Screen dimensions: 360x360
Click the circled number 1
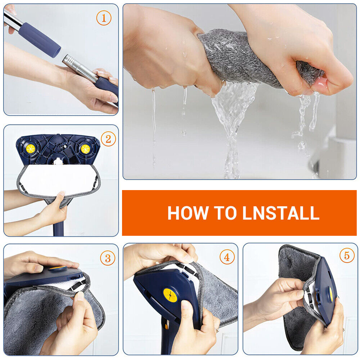click(104, 18)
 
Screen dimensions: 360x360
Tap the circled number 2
click(108, 139)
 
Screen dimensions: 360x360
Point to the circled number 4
click(227, 257)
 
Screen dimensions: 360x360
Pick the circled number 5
click(347, 256)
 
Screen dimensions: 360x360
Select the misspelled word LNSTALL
click(281, 213)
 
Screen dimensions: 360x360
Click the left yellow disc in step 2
click(30, 148)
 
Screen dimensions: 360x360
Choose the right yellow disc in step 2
click(85, 149)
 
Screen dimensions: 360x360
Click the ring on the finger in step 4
click(217, 329)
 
